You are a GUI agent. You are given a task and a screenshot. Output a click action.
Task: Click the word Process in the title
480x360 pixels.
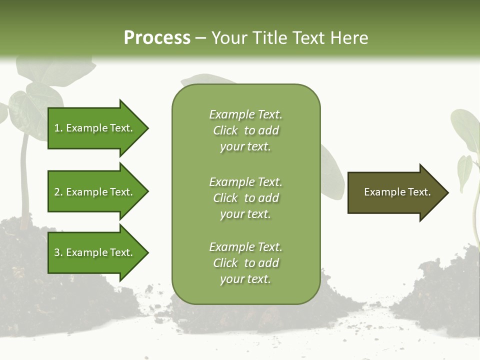pyautogui.click(x=157, y=38)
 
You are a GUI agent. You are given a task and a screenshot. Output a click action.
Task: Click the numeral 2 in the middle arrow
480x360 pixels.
pyautogui.click(x=57, y=192)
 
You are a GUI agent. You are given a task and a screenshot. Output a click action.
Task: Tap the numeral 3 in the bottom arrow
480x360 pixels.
pyautogui.click(x=57, y=252)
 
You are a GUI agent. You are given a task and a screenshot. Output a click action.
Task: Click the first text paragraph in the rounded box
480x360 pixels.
pyautogui.click(x=245, y=130)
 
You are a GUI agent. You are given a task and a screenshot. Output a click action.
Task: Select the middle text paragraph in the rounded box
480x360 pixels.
pyautogui.click(x=245, y=198)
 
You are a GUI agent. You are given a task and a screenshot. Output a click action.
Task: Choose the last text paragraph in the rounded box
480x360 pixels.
pyautogui.click(x=245, y=263)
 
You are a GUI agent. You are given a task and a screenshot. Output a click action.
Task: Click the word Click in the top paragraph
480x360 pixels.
pyautogui.click(x=225, y=131)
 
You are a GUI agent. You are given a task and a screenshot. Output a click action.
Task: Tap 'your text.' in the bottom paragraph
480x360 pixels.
pyautogui.click(x=245, y=279)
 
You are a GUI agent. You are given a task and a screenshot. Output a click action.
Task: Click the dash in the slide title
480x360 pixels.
pyautogui.click(x=200, y=38)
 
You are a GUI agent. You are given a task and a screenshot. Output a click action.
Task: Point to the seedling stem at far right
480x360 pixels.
pyautogui.click(x=472, y=210)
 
